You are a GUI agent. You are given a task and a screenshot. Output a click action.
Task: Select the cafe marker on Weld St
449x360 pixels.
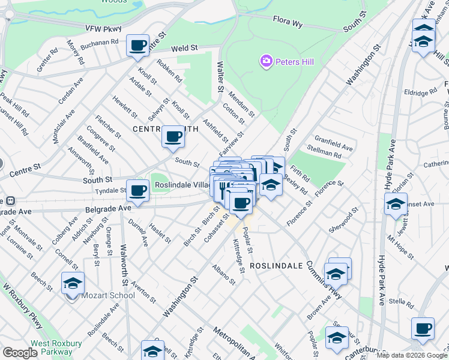[x=138, y=46]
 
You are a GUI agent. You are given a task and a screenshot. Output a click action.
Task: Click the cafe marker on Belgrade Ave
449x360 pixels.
[x=138, y=191]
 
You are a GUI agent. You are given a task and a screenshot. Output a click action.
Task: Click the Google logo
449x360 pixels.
[x=20, y=353]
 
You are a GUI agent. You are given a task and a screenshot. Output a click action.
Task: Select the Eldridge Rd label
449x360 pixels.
[x=420, y=93]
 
